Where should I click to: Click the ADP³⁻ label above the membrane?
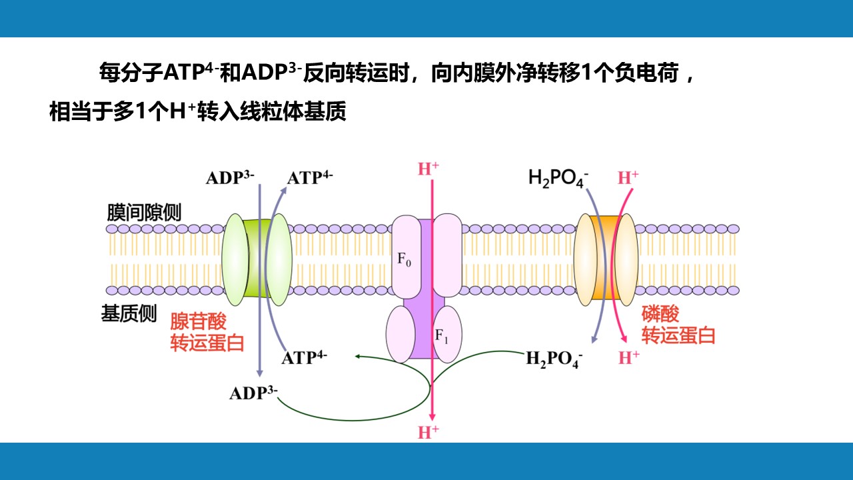pos(230,178)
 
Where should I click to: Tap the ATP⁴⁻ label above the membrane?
pos(310,178)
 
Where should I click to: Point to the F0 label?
pos(405,260)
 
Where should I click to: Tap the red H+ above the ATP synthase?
pos(428,169)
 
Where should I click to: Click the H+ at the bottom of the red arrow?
pos(428,432)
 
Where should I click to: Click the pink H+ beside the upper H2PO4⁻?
pos(628,177)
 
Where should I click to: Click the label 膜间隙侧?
pos(144,212)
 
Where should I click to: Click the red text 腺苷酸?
pos(199,321)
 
